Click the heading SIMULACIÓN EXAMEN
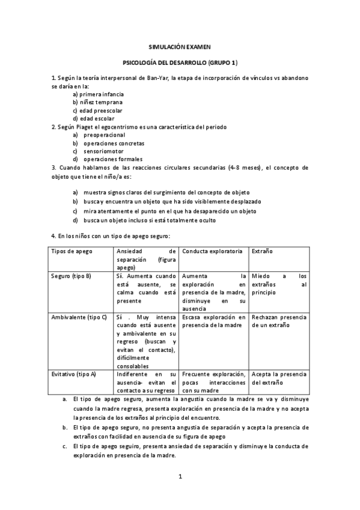point(180,46)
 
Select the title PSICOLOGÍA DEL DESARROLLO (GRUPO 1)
point(180,62)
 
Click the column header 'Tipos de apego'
point(72,251)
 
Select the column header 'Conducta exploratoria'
point(212,251)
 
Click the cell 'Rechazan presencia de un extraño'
point(279,321)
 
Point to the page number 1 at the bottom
point(180,477)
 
